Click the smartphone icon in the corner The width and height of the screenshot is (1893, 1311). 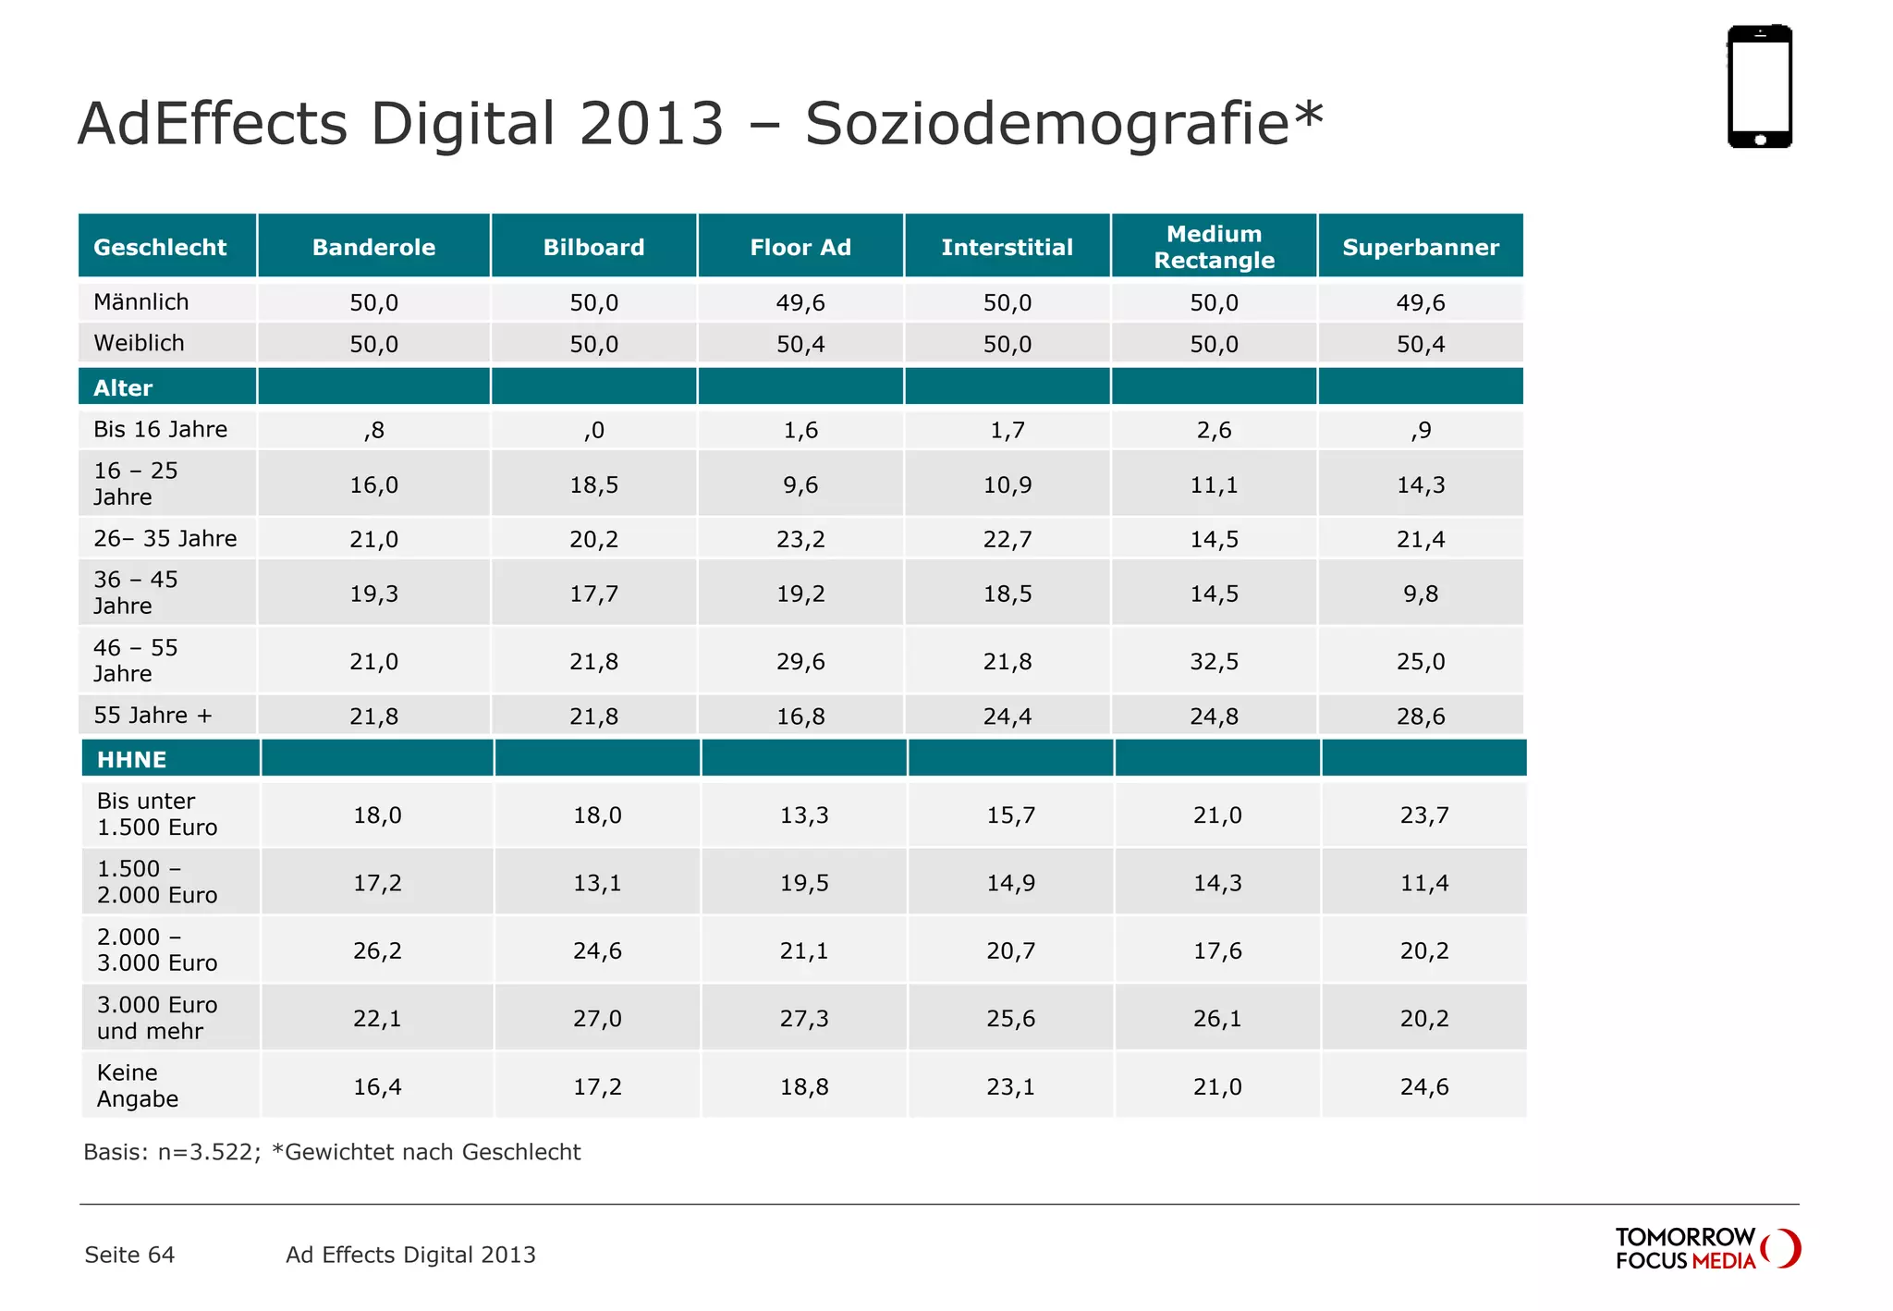[1760, 86]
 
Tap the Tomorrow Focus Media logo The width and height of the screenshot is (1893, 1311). [1706, 1248]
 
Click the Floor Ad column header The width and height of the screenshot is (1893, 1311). [800, 247]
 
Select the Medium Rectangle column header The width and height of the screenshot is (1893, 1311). [1214, 247]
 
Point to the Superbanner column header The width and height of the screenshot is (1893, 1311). [1421, 247]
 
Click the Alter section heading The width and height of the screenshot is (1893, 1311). [123, 388]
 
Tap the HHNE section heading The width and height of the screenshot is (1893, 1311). [132, 760]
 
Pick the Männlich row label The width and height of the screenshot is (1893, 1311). [141, 302]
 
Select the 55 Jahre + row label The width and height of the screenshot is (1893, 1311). [153, 716]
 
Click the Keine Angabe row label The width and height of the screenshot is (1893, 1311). [138, 1085]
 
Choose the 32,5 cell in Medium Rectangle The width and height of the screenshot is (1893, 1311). [1214, 662]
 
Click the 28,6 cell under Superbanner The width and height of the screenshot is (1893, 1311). [1421, 717]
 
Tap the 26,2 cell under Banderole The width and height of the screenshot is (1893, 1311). [377, 951]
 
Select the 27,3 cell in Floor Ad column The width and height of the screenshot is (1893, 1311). [804, 1019]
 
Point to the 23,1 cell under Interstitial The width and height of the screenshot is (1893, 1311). [1010, 1087]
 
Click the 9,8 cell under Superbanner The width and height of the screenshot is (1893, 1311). [1421, 594]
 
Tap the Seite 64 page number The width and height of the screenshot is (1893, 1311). [129, 1255]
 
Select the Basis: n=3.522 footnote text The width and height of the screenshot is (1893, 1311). [172, 1152]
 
